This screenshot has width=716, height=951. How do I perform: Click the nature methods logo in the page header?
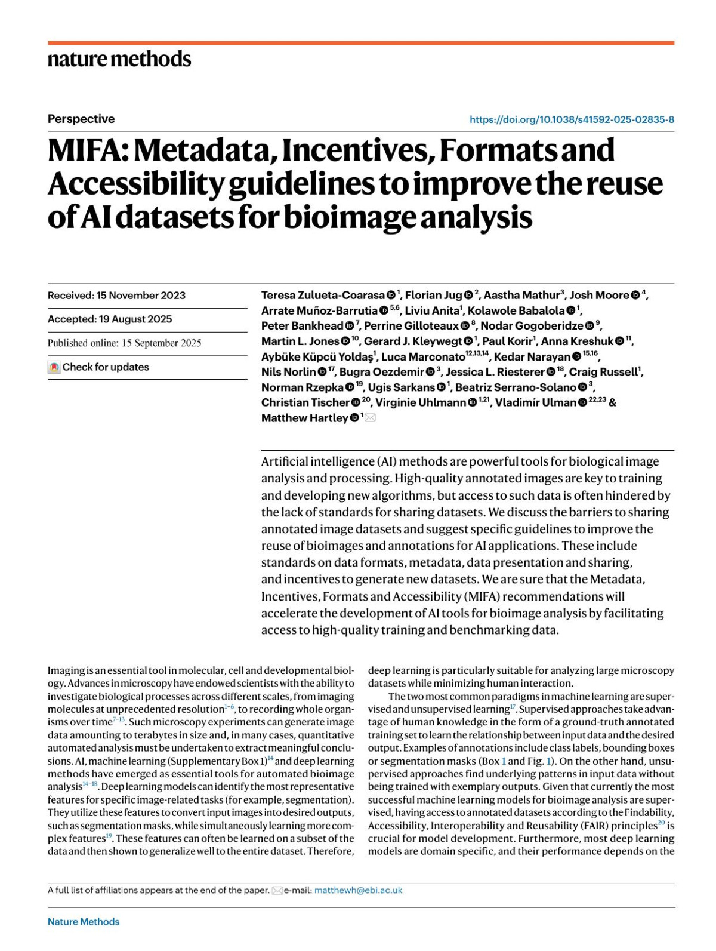(119, 59)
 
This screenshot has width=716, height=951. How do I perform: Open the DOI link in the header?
(572, 119)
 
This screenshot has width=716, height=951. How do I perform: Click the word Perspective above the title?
(81, 119)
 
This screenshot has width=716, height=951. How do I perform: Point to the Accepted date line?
(110, 319)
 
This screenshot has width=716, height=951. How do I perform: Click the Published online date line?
(124, 343)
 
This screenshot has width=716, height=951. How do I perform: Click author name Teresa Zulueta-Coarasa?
(323, 296)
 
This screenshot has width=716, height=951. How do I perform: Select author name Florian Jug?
(434, 296)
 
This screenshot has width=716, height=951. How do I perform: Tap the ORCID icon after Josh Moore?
(635, 296)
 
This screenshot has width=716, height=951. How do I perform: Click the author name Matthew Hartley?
(304, 418)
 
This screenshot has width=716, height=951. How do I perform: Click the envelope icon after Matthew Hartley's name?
(370, 418)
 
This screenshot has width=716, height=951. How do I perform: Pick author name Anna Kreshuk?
(577, 341)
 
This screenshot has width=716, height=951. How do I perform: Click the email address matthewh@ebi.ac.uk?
(358, 890)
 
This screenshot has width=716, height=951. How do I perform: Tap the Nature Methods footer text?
(84, 922)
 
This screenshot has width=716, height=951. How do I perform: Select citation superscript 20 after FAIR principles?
(661, 823)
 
